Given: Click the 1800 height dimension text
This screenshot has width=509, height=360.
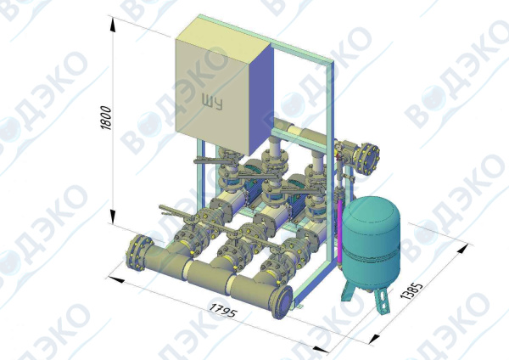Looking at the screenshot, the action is (x=106, y=118).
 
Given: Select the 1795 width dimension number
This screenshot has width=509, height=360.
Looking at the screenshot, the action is (x=223, y=310).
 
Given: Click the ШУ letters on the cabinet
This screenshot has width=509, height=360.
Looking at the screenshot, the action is (x=212, y=102).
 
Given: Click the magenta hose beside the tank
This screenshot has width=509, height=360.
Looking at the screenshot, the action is (x=339, y=230).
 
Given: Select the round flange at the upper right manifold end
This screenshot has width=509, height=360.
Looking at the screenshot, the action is (x=368, y=159).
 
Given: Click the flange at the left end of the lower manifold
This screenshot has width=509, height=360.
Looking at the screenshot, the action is (x=137, y=253).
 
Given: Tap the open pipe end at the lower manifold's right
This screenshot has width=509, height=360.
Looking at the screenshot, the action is (x=282, y=302).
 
